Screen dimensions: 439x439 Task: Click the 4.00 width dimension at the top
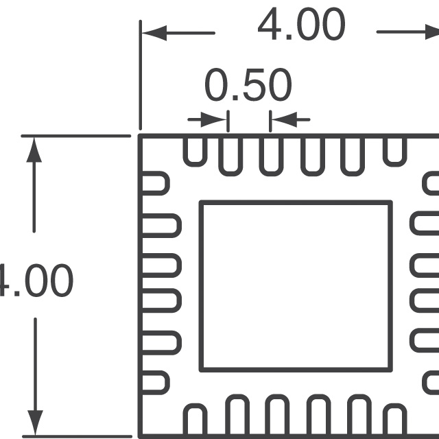click(x=300, y=27)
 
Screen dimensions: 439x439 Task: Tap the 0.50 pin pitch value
click(x=248, y=86)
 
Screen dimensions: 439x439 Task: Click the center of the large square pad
click(x=296, y=286)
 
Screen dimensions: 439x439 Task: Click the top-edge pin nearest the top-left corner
click(x=194, y=150)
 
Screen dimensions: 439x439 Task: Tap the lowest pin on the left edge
click(x=154, y=383)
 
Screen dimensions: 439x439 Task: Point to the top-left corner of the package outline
click(x=141, y=137)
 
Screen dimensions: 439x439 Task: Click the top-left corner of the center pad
click(x=201, y=203)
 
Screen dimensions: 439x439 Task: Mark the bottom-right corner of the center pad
click(x=390, y=369)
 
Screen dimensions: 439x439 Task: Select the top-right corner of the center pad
click(x=390, y=203)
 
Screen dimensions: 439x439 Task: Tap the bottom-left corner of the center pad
click(x=201, y=369)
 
